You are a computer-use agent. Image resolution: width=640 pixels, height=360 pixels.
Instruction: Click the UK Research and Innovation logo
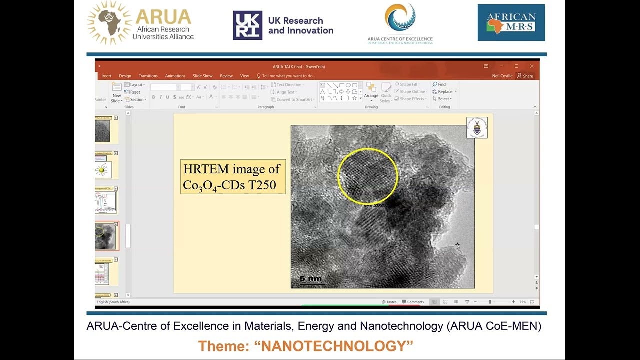pos(283,25)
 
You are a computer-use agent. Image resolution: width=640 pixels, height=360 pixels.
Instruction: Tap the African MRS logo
pos(511,23)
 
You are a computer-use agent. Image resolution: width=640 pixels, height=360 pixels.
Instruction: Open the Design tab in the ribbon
pos(125,76)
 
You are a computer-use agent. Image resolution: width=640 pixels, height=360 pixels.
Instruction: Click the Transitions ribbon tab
pos(148,76)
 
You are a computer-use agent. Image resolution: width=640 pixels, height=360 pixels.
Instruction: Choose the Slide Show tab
pos(202,76)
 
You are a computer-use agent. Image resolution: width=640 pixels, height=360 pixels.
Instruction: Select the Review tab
pos(226,76)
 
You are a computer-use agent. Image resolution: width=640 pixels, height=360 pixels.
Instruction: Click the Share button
pos(525,76)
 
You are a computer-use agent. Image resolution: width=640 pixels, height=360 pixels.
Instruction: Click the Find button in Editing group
pos(439,84)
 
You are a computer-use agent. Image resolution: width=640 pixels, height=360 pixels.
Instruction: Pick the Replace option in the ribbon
pos(444,91)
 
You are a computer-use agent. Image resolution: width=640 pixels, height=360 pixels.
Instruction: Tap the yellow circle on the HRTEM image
pos(368,176)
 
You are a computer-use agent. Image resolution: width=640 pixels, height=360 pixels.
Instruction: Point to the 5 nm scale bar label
pos(310,279)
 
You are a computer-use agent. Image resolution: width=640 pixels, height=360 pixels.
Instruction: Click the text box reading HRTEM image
pos(233,177)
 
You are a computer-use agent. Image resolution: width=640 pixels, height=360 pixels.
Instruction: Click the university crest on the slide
pos(477,128)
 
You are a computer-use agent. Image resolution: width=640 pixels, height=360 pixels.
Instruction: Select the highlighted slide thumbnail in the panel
pos(106,236)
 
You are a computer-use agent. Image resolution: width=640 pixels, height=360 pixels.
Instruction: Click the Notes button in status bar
pos(389,302)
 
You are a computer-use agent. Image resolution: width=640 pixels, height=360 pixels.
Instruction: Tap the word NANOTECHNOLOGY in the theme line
pos(337,346)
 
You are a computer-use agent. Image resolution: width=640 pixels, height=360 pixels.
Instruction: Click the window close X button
pos(532,66)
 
